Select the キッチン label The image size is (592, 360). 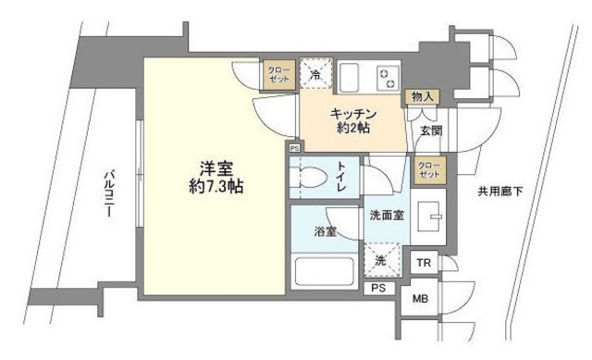point(351,114)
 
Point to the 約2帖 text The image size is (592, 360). point(351,129)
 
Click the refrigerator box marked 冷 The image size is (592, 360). point(316,74)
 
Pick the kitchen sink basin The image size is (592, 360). point(352,76)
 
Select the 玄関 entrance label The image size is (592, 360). point(430,130)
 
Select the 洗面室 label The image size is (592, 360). point(387,215)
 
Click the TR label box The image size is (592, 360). point(424,264)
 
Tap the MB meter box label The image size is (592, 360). point(421,298)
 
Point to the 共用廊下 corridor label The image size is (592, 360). point(500,192)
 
